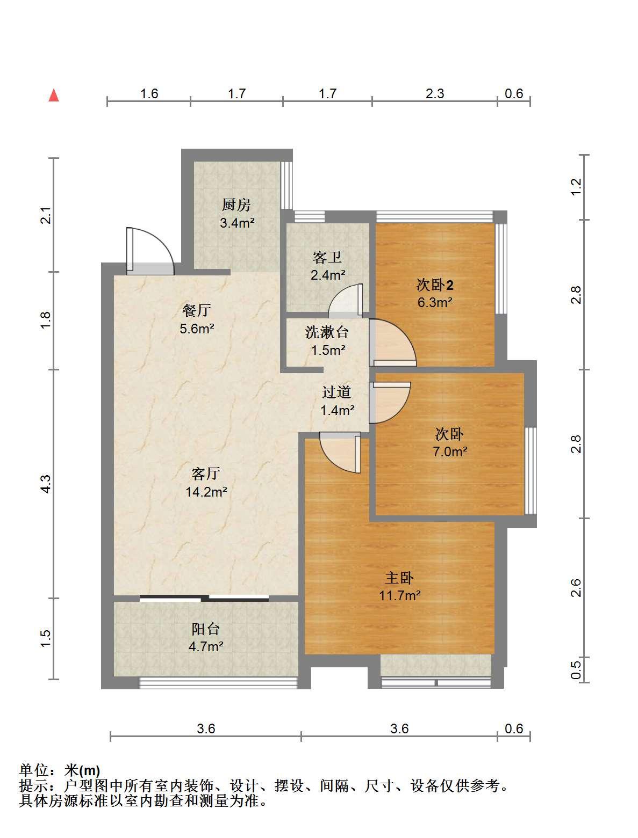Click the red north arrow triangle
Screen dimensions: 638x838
pos(54,96)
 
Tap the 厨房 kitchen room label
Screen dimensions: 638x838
pos(236,205)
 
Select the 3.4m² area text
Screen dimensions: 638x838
pos(237,223)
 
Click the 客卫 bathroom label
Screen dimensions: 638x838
pos(327,257)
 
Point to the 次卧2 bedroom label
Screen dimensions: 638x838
pos(435,285)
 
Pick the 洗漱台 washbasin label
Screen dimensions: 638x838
pos(327,332)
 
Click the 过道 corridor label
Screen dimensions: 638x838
pos(336,392)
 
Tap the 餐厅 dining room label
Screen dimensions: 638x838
pos(197,310)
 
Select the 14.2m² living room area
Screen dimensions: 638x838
pos(206,492)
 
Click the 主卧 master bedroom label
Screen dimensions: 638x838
pos(399,578)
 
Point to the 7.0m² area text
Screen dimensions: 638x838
pos(449,451)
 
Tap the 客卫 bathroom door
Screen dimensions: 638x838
pos(345,301)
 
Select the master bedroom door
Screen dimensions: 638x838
pos(340,453)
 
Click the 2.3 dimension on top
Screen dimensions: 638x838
pos(435,94)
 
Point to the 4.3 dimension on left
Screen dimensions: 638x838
pos(46,484)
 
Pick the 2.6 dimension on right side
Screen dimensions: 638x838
pos(576,588)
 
